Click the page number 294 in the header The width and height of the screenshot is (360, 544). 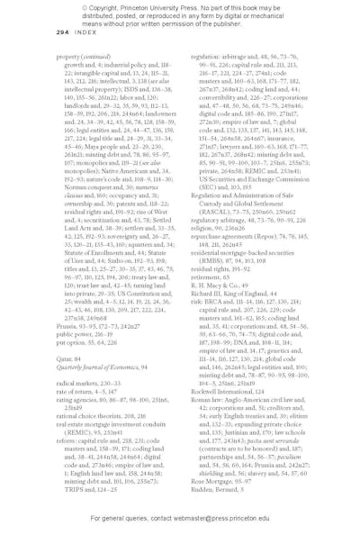(62, 32)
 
